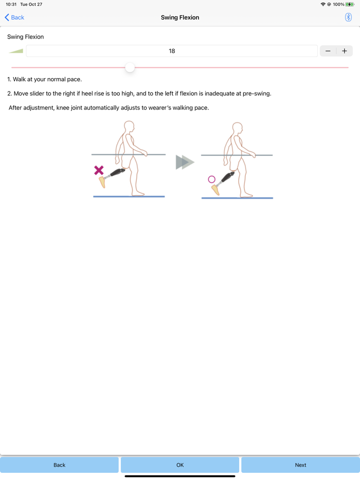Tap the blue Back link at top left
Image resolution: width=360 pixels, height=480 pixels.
[x=14, y=17]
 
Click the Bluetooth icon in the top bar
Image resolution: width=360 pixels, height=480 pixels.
[x=348, y=17]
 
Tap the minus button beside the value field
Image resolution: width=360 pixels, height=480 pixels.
[x=328, y=51]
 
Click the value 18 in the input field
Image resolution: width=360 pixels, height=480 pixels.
[x=172, y=51]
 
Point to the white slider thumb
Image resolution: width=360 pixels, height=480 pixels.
[x=130, y=67]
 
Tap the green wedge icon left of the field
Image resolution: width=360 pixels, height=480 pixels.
[x=16, y=51]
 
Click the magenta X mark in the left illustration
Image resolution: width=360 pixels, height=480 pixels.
[x=99, y=170]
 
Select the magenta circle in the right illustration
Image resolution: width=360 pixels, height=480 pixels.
[x=211, y=179]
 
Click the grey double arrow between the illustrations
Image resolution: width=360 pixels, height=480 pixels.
[x=185, y=162]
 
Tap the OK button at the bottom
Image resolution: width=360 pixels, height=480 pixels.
[x=180, y=465]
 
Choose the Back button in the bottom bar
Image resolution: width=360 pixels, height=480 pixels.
[x=59, y=465]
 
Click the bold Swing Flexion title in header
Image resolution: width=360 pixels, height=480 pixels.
[x=180, y=17]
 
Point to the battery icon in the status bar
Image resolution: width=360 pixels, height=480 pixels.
[x=350, y=4]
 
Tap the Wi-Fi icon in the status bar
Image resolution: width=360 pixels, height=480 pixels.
[x=322, y=4]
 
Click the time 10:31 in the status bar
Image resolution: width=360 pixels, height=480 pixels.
[x=11, y=4]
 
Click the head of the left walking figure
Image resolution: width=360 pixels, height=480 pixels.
[x=129, y=126]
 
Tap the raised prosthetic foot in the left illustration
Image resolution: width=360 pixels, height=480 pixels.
[x=102, y=182]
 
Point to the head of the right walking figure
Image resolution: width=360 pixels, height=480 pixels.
[x=237, y=127]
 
